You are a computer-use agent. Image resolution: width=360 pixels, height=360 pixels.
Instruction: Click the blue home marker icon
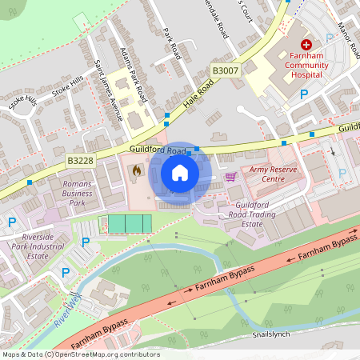click(x=180, y=173)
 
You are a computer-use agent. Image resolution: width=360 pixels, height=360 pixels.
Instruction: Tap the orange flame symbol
click(x=137, y=170)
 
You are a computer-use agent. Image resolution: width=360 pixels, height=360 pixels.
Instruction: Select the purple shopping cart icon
click(x=230, y=177)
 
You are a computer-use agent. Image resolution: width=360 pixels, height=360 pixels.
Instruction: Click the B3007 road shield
click(x=225, y=71)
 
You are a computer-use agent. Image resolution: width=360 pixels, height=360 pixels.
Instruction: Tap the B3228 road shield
click(x=80, y=161)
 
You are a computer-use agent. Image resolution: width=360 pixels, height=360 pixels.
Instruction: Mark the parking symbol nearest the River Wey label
click(x=66, y=274)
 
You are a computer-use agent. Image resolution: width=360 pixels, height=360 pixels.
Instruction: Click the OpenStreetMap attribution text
click(x=80, y=354)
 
